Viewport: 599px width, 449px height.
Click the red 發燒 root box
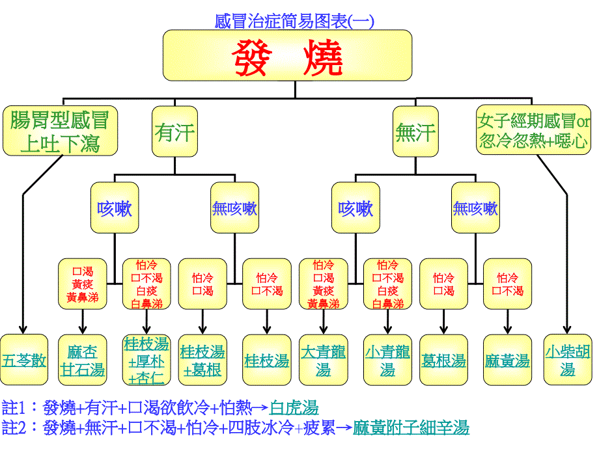click(x=287, y=55)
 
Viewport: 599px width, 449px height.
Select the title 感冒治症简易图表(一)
click(x=294, y=21)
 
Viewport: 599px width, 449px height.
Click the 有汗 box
click(x=174, y=131)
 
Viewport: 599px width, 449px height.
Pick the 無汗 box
click(x=415, y=131)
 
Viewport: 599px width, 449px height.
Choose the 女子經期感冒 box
click(x=533, y=131)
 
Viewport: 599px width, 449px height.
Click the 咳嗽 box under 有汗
click(x=115, y=208)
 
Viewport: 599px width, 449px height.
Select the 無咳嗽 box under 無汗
click(x=475, y=208)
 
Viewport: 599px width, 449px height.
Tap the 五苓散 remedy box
click(x=23, y=360)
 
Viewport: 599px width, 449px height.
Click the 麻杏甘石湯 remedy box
click(x=82, y=360)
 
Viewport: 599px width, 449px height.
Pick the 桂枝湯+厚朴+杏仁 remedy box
click(x=146, y=360)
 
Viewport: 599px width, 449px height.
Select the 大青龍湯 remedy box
click(x=324, y=360)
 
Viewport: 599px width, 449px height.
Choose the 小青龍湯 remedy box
click(x=387, y=360)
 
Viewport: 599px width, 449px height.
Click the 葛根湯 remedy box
click(x=444, y=360)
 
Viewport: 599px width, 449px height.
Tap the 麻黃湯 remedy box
click(x=507, y=360)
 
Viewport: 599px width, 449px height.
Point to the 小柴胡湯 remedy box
click(x=568, y=360)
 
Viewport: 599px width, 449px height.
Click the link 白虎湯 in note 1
click(x=294, y=408)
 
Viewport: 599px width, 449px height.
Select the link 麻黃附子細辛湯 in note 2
click(x=411, y=428)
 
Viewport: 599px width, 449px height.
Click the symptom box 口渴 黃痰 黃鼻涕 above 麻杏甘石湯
click(x=83, y=284)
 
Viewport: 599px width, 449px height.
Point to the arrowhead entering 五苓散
click(x=23, y=329)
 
